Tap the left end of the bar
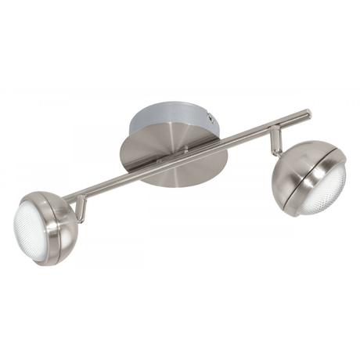66,197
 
